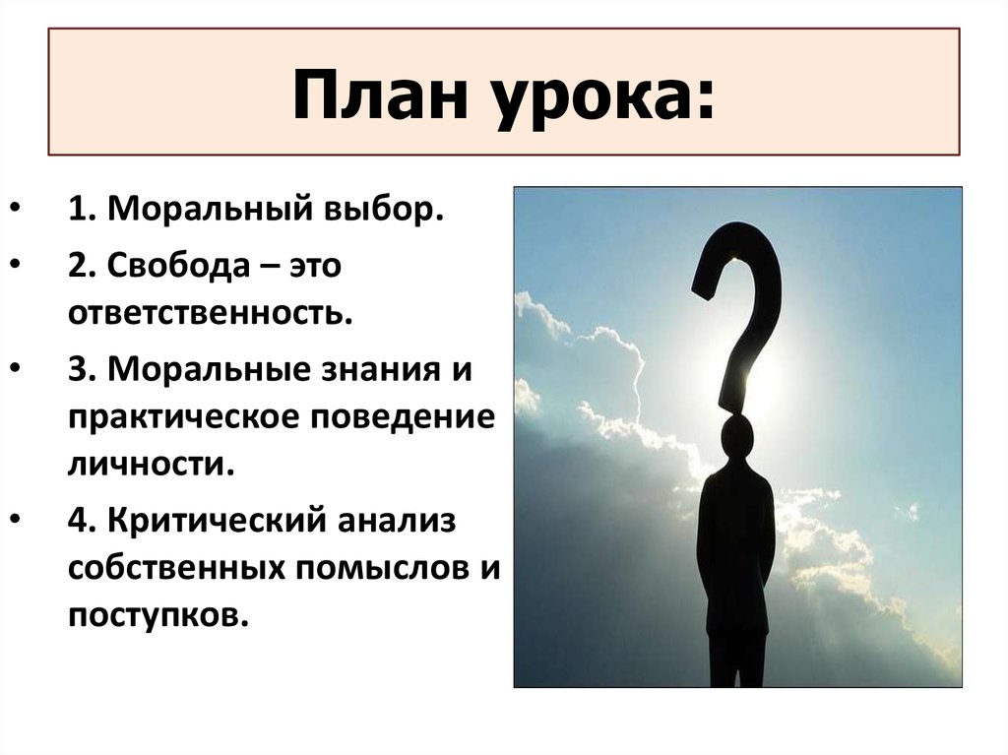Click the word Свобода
coord(178,265)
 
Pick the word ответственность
coord(211,314)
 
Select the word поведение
coord(403,419)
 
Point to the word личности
coord(151,465)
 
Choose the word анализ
coord(397,520)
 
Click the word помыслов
coord(381,569)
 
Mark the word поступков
coord(158,616)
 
